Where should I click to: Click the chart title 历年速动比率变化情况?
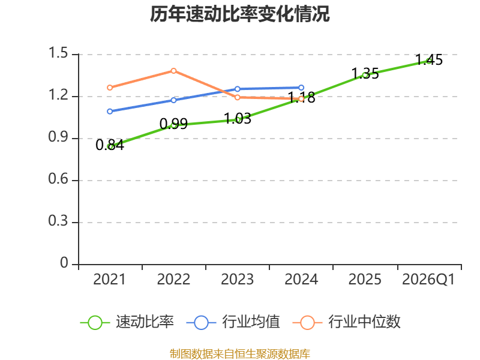pos(239,14)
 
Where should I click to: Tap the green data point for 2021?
pos(110,146)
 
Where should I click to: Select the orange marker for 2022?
pos(173,71)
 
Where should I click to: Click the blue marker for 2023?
pos(237,89)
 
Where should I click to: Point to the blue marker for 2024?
pos(301,88)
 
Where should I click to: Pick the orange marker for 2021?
pos(110,88)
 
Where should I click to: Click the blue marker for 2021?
pos(110,112)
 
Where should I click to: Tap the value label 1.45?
pos(429,59)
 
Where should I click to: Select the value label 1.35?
pos(365,74)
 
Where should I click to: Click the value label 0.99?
pos(173,124)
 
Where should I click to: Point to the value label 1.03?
pos(238,118)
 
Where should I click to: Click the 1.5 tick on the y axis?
pos(58,53)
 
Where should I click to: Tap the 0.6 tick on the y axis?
pos(58,179)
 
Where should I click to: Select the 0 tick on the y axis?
pos(64,263)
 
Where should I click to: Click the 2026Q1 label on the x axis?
pos(428,280)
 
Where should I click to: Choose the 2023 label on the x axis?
pos(237,280)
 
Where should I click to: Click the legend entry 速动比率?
pos(127,322)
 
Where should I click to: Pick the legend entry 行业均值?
pos(233,322)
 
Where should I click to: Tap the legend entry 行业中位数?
pos(347,322)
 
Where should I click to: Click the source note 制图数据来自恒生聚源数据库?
pos(239,354)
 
